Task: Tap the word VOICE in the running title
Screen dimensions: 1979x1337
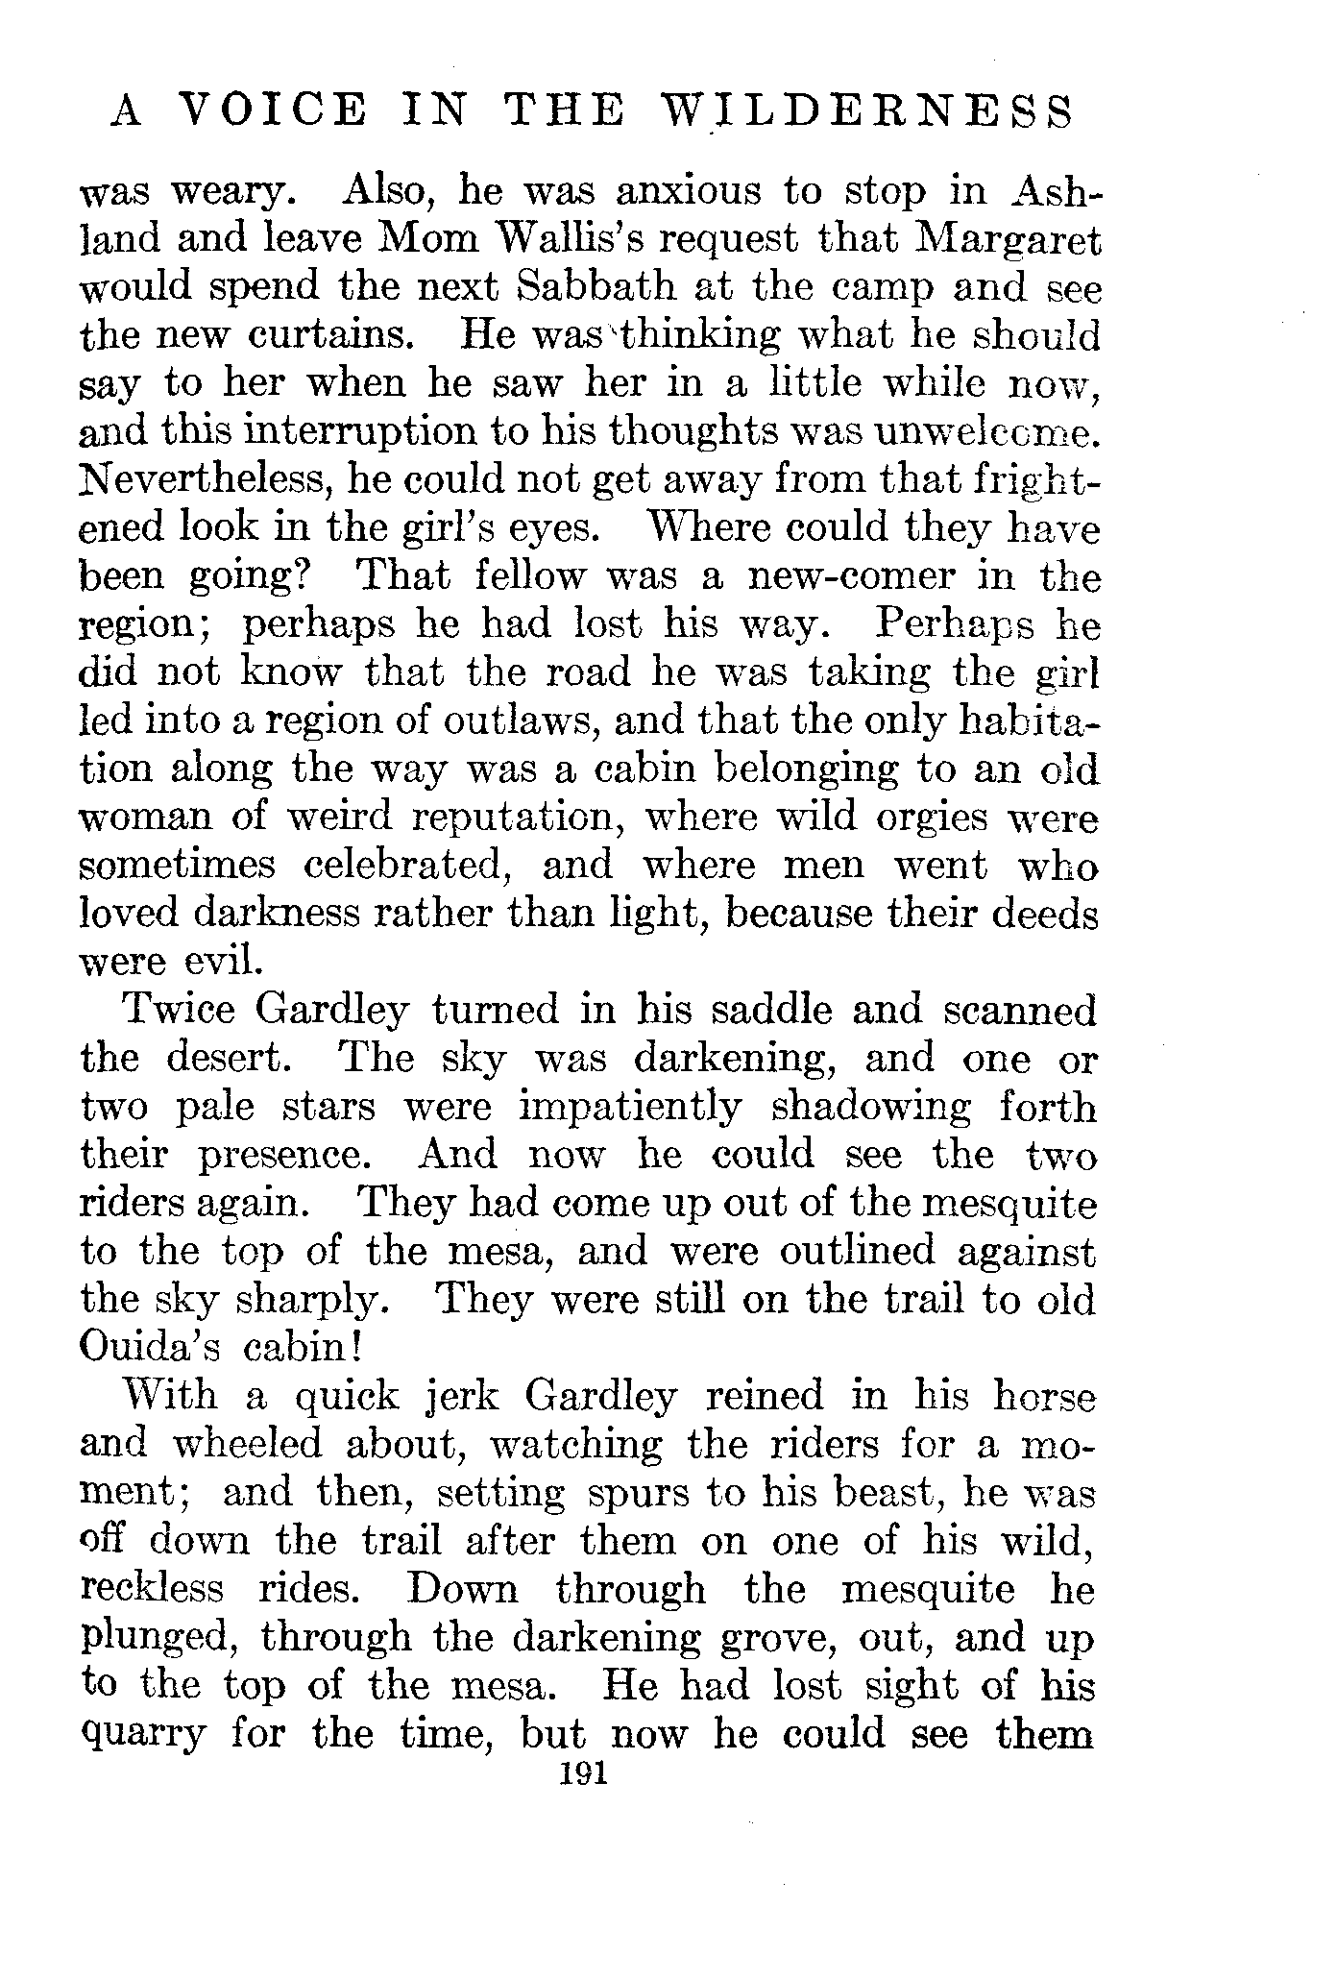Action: [273, 111]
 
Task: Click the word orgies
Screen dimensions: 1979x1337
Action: [932, 818]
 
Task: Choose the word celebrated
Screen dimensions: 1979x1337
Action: [403, 866]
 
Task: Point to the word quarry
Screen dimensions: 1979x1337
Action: [144, 1735]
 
